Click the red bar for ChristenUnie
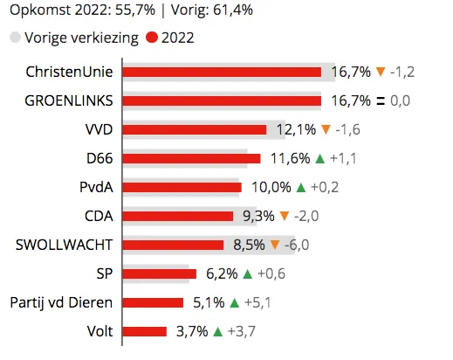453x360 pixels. point(222,72)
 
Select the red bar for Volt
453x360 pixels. point(145,331)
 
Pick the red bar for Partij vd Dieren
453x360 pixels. point(154,302)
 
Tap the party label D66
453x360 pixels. point(101,158)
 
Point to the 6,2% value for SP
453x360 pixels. point(222,273)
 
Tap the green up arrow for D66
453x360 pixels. point(320,158)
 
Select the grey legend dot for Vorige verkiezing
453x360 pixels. point(15,38)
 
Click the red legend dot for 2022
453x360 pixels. point(152,38)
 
